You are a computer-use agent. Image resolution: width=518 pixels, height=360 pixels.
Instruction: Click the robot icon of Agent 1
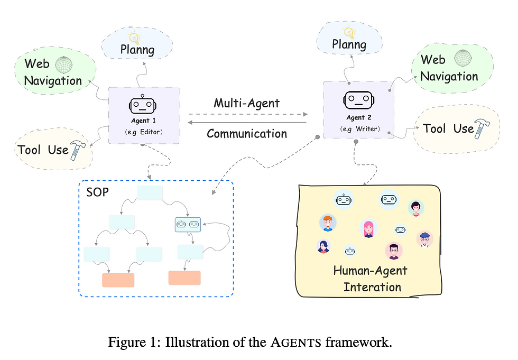point(142,104)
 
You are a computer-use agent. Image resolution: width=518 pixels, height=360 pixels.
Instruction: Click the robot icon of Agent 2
point(359,100)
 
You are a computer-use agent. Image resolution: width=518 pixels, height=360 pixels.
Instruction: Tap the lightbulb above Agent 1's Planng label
point(134,38)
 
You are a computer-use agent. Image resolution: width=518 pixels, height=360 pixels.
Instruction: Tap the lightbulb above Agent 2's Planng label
point(349,32)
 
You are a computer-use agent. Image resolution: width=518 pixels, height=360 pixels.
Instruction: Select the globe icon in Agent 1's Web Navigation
point(64,64)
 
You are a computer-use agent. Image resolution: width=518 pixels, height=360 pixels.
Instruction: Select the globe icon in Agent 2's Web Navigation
point(463,58)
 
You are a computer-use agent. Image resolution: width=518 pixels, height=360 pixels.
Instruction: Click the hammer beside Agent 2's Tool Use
point(482,129)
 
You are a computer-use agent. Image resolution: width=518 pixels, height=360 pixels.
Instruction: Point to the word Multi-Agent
point(246,104)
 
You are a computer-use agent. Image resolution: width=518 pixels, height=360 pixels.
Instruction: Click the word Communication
point(247,134)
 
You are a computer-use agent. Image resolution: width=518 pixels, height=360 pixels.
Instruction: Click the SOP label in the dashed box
point(97,192)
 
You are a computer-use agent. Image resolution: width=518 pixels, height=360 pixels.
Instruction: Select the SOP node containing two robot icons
point(188,225)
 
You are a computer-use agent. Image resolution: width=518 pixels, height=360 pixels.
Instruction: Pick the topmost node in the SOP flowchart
point(150,192)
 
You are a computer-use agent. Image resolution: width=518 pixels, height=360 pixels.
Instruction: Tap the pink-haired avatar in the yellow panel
point(368,228)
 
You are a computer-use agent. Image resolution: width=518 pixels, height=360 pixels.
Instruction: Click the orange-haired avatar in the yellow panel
point(328,223)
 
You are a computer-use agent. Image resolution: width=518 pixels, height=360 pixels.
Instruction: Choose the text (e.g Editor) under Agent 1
point(144,132)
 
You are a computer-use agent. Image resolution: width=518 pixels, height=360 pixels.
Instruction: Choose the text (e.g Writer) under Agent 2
point(360,129)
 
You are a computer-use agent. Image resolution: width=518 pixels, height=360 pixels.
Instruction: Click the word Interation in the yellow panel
point(372,287)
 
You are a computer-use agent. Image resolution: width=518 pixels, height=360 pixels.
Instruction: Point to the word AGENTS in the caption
point(296,343)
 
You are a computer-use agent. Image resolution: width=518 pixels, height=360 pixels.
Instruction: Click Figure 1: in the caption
point(134,342)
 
